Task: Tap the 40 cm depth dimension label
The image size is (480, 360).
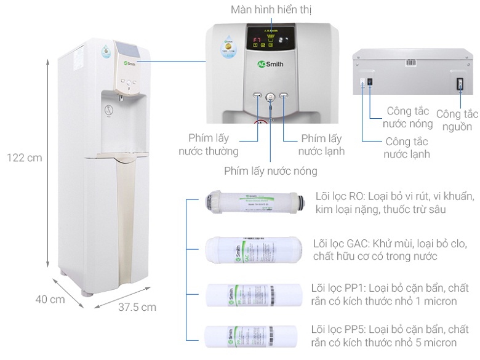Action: pyautogui.click(x=50, y=299)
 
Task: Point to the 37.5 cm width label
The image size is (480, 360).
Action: pyautogui.click(x=137, y=306)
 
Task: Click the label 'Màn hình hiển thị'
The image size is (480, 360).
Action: pyautogui.click(x=271, y=10)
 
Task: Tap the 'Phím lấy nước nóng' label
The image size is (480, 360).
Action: pyautogui.click(x=271, y=170)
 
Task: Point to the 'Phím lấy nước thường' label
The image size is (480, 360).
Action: pyautogui.click(x=209, y=145)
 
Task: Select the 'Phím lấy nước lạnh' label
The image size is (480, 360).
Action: pyautogui.click(x=321, y=145)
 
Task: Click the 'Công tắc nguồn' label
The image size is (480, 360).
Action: pyautogui.click(x=457, y=120)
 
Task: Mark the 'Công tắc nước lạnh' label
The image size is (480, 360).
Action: pyautogui.click(x=406, y=148)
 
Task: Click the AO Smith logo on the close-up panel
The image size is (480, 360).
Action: pyautogui.click(x=271, y=63)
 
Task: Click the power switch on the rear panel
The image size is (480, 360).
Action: pyautogui.click(x=458, y=85)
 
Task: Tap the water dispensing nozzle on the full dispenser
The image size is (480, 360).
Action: pyautogui.click(x=121, y=97)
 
